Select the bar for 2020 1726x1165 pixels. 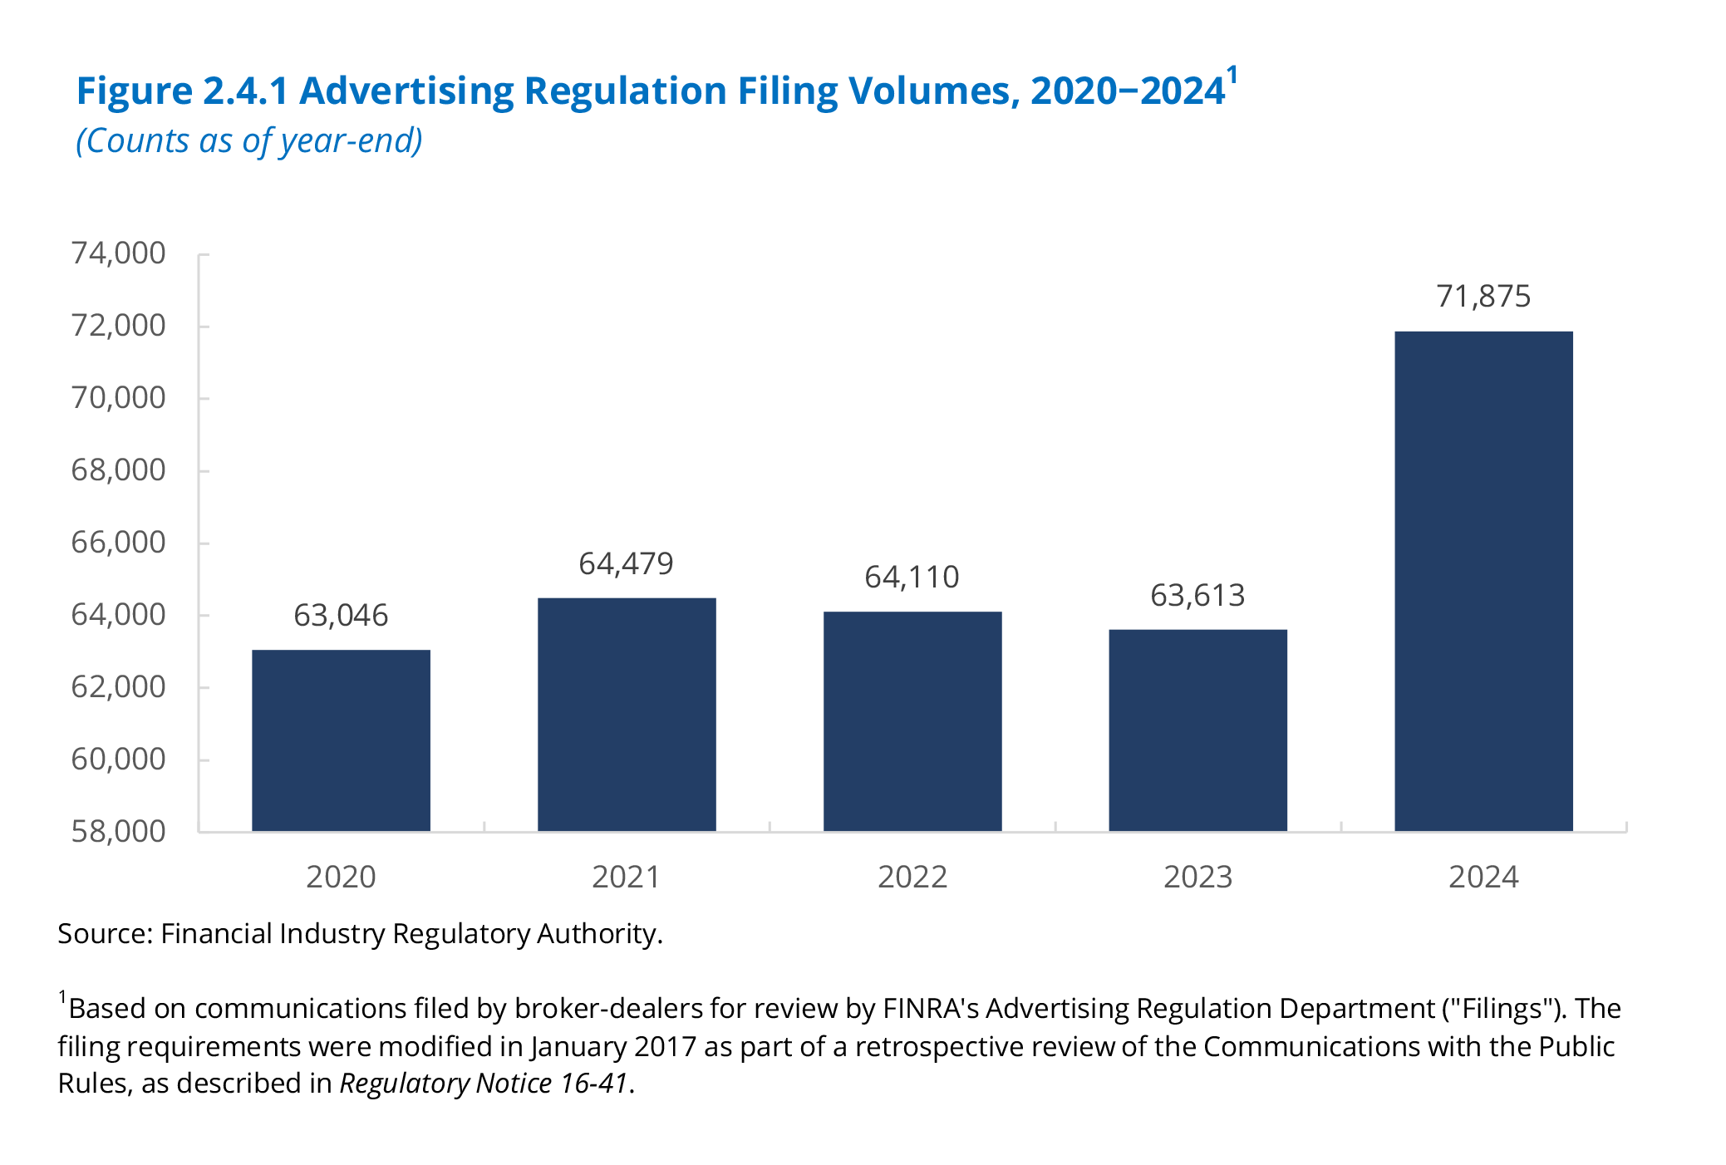click(341, 740)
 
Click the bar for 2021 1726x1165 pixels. click(627, 715)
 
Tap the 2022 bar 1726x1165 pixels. click(912, 721)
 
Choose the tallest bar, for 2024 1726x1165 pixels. click(1483, 582)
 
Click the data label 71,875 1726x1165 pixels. click(1483, 297)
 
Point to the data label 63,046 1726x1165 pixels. click(341, 616)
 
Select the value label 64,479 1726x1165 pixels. click(626, 564)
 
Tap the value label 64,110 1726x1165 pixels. click(912, 578)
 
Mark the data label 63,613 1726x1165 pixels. click(1197, 596)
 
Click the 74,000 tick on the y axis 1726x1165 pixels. click(119, 253)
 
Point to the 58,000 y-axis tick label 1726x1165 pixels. click(119, 831)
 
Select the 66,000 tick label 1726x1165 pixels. click(119, 543)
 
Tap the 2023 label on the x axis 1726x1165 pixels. click(1197, 877)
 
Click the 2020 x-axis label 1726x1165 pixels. click(341, 877)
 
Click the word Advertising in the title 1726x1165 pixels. click(406, 91)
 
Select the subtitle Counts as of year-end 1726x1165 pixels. click(249, 141)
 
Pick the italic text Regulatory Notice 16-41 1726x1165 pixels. click(484, 1084)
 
